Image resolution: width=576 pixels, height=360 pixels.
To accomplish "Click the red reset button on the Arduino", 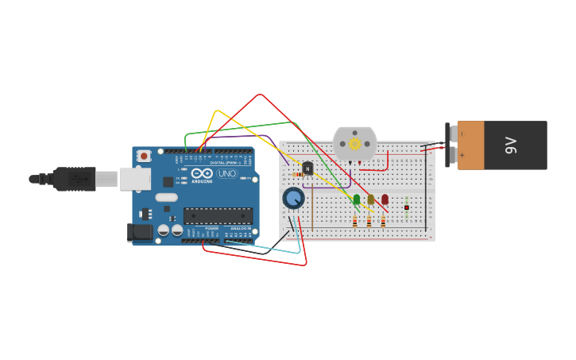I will [x=144, y=156].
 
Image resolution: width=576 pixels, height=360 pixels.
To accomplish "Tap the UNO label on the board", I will [x=227, y=173].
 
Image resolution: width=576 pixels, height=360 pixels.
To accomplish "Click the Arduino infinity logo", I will [x=202, y=173].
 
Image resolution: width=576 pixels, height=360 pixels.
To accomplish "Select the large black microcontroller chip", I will [x=218, y=215].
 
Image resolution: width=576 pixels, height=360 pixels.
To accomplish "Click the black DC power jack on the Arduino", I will [x=140, y=231].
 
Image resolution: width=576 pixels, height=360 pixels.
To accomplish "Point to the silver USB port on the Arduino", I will [x=133, y=179].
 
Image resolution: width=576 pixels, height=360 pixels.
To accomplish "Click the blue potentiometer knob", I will [x=293, y=198].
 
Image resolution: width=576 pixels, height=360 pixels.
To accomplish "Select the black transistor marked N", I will [x=307, y=168].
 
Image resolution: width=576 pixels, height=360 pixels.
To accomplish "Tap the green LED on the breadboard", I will [x=357, y=199].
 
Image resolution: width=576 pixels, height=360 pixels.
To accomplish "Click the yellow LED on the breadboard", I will [x=371, y=199].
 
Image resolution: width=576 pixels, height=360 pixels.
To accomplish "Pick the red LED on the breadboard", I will [x=385, y=199].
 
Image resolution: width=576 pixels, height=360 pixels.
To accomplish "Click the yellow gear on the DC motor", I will [x=354, y=144].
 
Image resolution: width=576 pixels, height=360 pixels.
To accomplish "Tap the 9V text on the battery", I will [x=511, y=145].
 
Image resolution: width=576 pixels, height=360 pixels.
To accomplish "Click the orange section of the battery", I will [x=470, y=145].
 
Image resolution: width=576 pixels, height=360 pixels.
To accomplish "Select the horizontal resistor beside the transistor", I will [x=298, y=175].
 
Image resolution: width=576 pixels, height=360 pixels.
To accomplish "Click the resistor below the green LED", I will [x=354, y=222].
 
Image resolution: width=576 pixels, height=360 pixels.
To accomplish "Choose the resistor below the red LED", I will [x=383, y=222].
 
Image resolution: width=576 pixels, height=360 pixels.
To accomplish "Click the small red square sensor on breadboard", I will [x=407, y=207].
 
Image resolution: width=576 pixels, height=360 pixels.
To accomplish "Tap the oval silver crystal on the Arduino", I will [x=166, y=197].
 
